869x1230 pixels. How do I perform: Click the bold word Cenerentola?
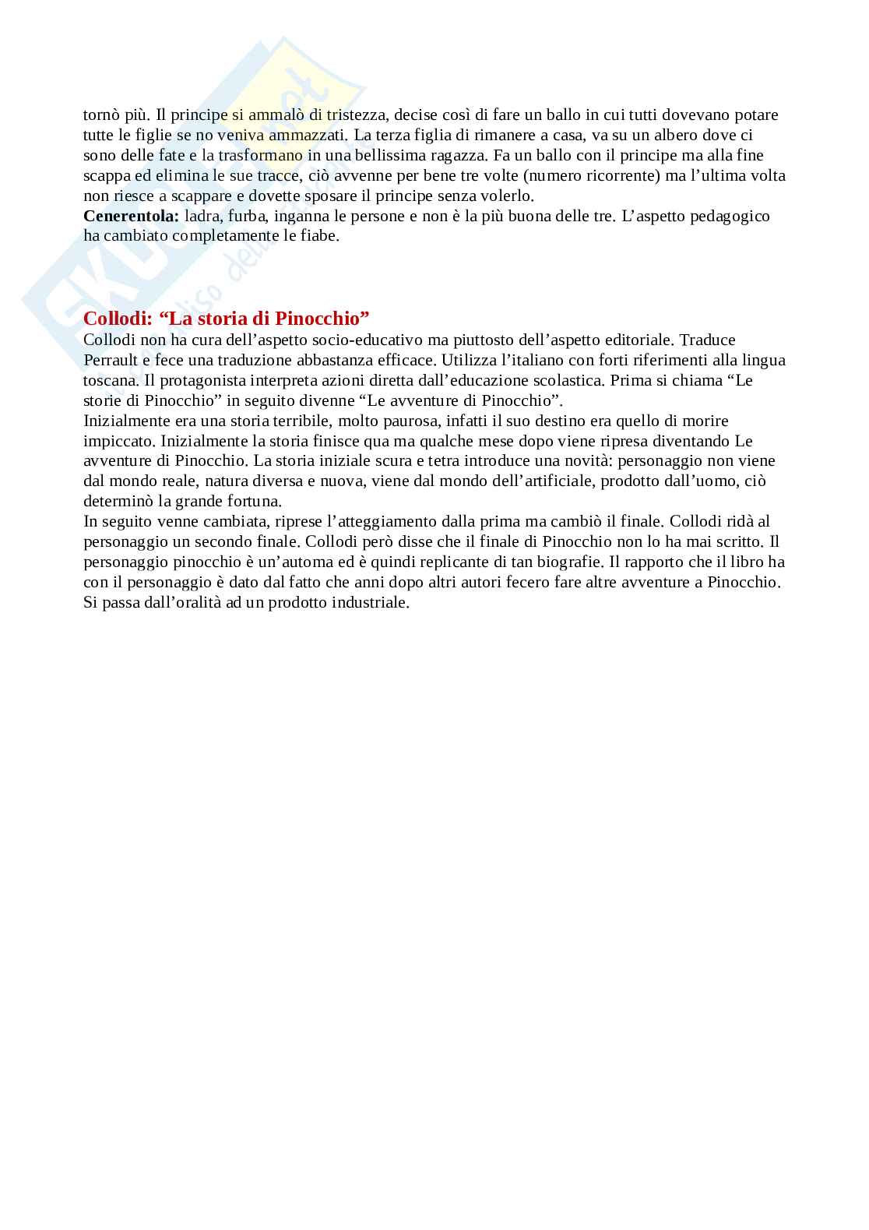(x=131, y=216)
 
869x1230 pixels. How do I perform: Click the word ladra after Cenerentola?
(x=203, y=216)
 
